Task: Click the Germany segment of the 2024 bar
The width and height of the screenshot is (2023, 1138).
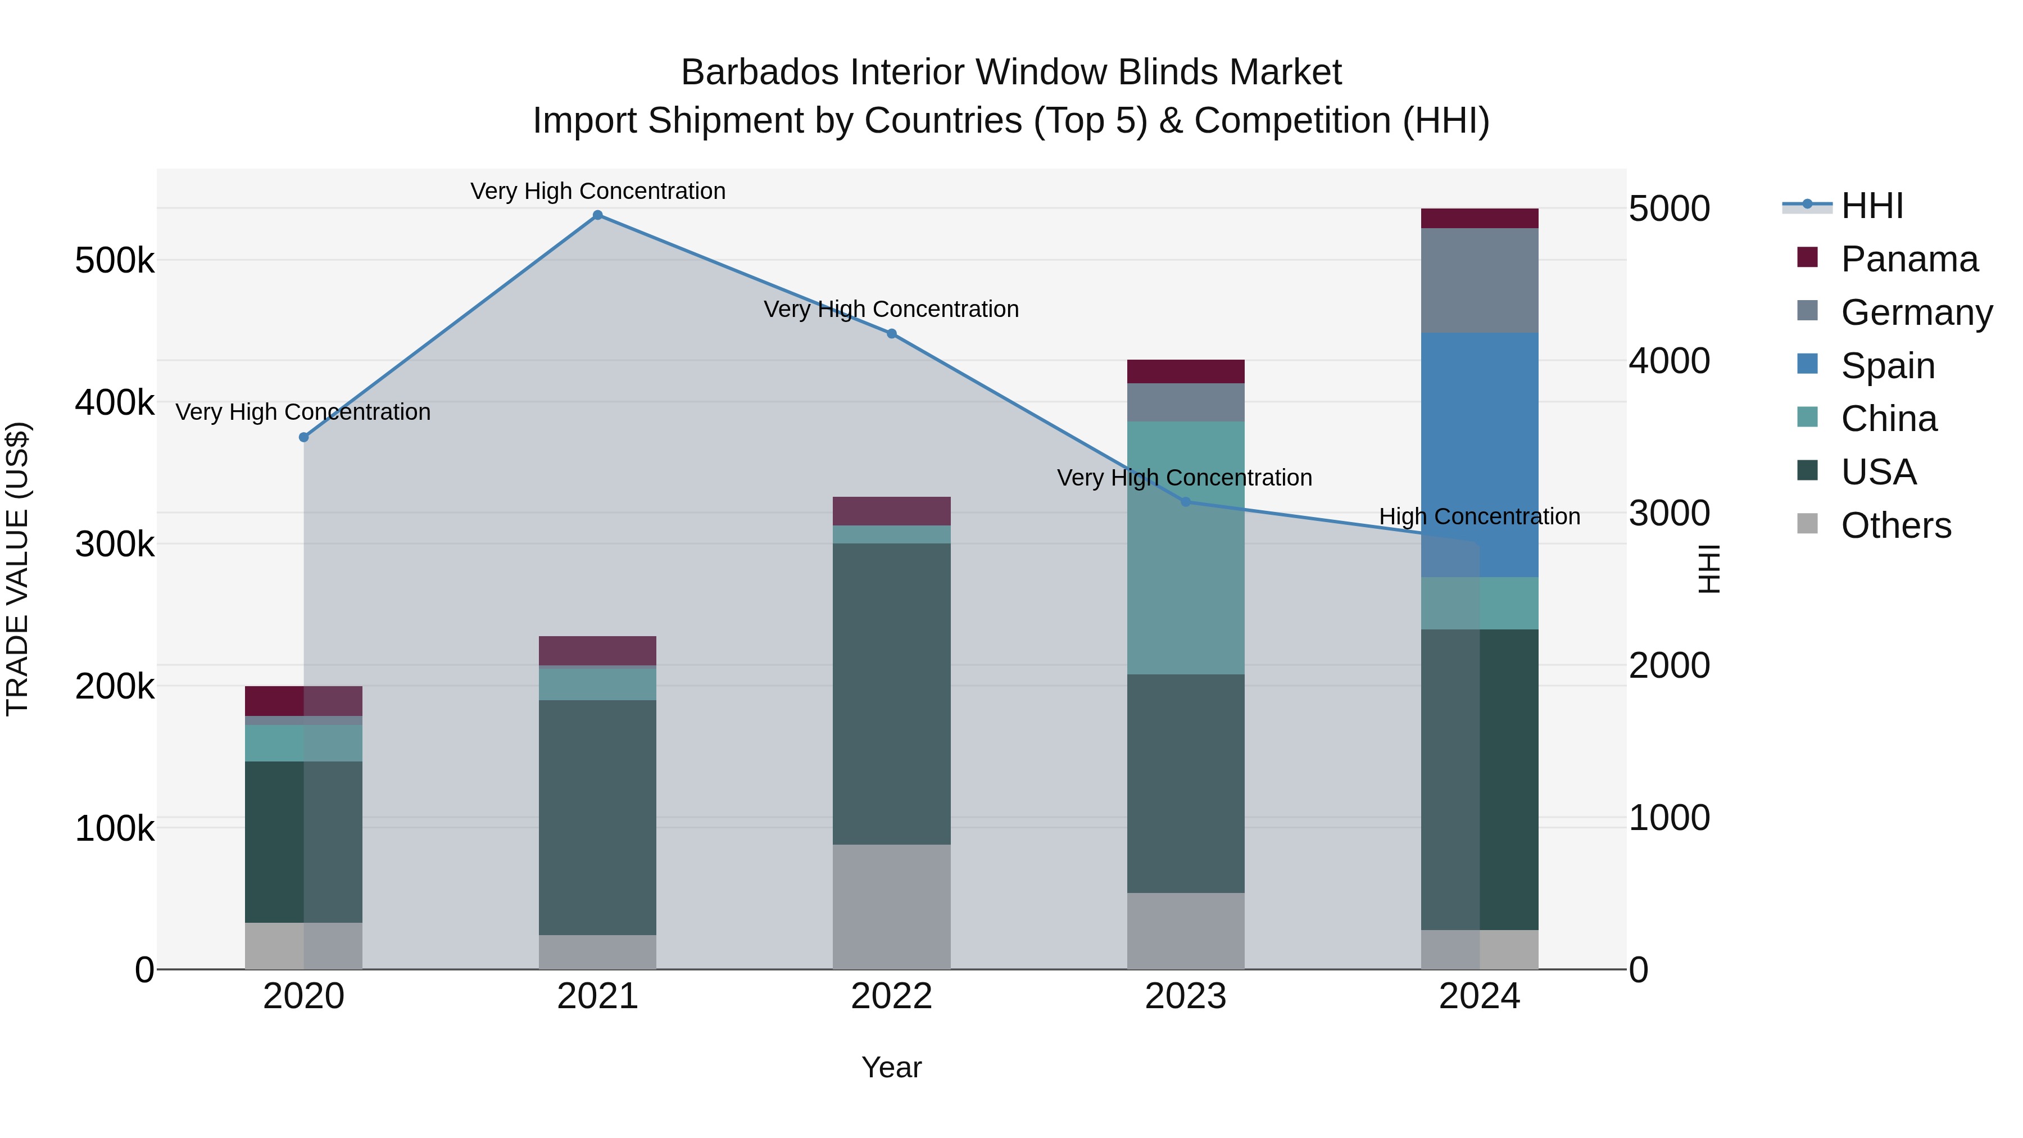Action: (1480, 280)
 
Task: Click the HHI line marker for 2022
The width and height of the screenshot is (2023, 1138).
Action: (891, 334)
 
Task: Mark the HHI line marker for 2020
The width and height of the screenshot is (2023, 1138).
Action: (304, 437)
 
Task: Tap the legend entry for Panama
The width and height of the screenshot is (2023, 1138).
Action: (1908, 259)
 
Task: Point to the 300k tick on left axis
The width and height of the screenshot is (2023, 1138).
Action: (115, 544)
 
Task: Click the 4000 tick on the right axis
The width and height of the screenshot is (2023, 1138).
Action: (1669, 361)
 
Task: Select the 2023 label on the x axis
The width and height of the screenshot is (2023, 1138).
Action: (1185, 996)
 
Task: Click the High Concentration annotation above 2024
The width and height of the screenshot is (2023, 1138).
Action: (1480, 517)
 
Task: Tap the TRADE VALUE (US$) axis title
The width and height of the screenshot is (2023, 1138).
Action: (17, 569)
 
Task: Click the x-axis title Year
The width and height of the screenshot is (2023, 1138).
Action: (891, 1067)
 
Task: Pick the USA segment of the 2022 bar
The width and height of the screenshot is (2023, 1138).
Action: (891, 693)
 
